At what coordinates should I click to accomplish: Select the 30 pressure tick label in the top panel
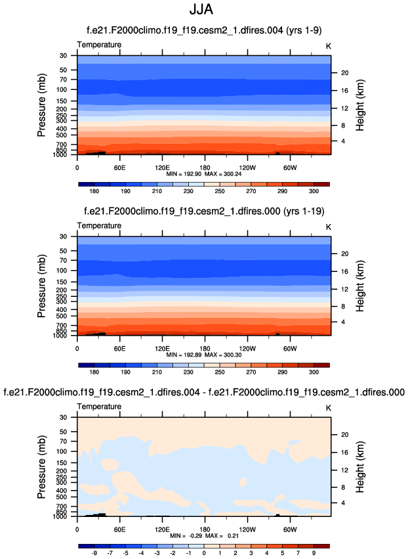(x=64, y=55)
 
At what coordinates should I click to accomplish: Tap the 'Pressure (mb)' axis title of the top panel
(x=41, y=105)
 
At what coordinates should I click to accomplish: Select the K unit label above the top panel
(x=329, y=45)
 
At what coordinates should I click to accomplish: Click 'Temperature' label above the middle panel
(x=99, y=225)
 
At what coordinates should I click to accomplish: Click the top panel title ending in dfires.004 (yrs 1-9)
(x=204, y=30)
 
